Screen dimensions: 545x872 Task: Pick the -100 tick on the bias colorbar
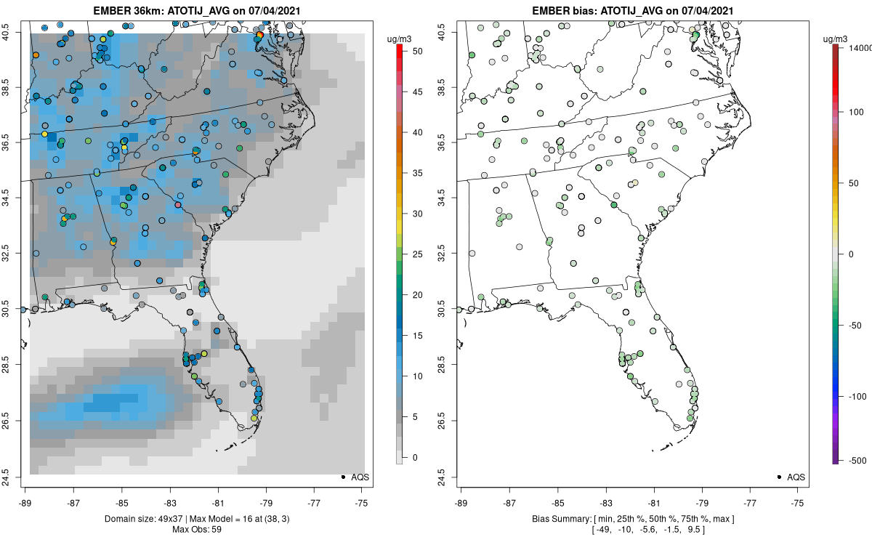[x=843, y=396]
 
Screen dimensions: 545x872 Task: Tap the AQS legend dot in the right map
[x=778, y=477]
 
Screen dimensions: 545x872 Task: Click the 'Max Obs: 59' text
[x=197, y=529]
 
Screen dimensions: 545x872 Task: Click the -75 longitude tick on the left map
[x=363, y=501]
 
